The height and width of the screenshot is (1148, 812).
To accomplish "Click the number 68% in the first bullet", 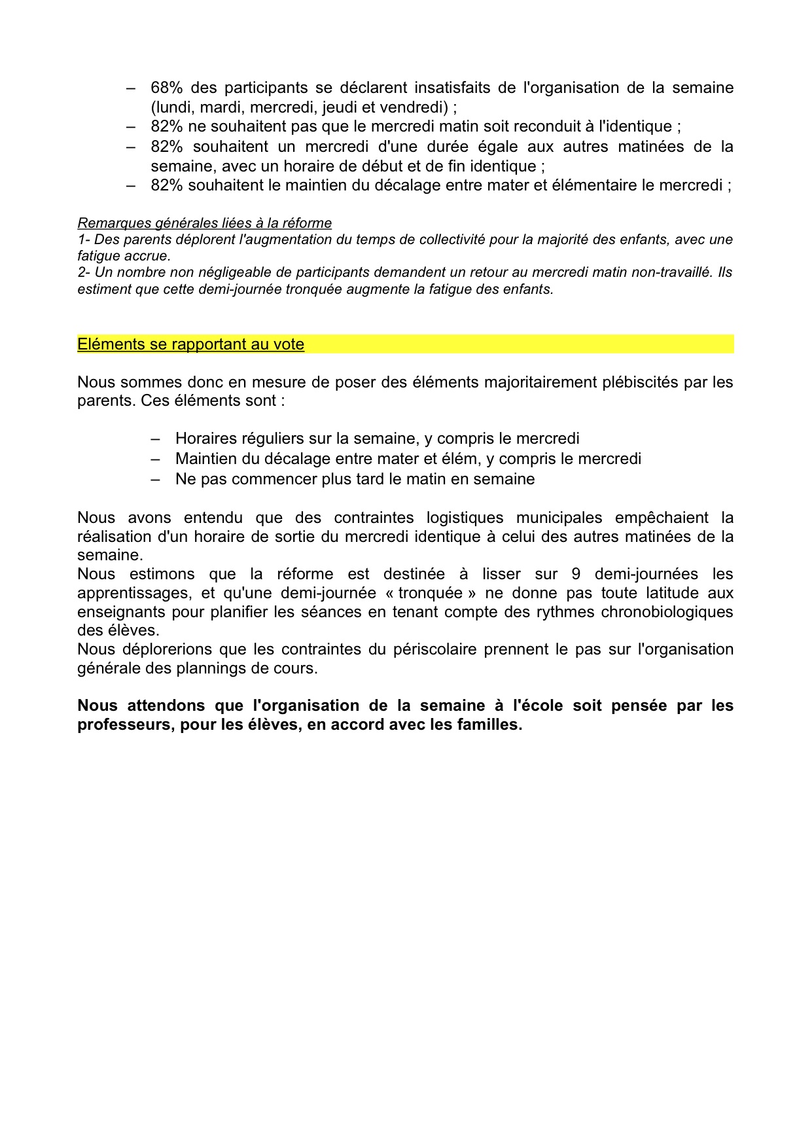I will [x=166, y=88].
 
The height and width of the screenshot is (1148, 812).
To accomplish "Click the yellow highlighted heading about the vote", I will [x=190, y=344].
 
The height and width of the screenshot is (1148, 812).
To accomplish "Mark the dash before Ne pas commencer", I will [x=155, y=479].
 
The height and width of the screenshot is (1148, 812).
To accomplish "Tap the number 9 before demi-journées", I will [x=576, y=574].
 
